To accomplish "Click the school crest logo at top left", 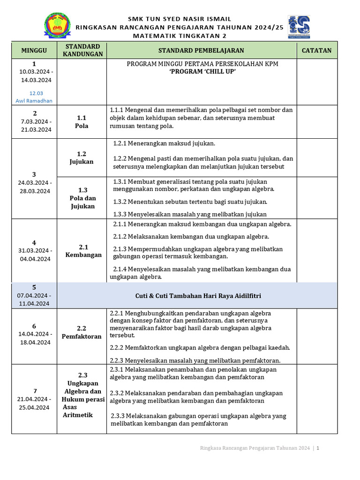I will [x=59, y=26].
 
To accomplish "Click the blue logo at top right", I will [x=299, y=27].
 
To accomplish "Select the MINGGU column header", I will [x=34, y=51].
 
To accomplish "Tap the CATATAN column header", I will [x=316, y=51].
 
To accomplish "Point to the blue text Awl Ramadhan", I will [x=34, y=100].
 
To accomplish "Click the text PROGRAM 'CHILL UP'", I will [x=202, y=72].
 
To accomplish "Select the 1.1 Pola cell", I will [x=82, y=122].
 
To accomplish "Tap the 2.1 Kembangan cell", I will [x=83, y=251].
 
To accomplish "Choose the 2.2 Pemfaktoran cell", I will [x=82, y=332].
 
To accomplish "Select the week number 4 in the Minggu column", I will [x=34, y=242].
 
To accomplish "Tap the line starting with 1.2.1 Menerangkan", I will [x=165, y=143].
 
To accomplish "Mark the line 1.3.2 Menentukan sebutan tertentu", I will [x=190, y=202].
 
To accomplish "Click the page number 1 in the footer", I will [x=318, y=449].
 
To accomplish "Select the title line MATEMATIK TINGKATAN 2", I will [x=180, y=36].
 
